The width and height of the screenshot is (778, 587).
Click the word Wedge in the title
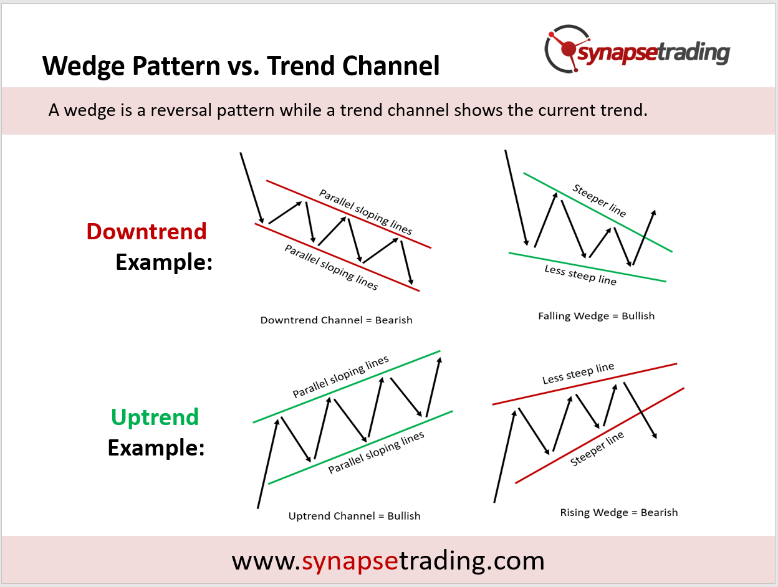[84, 66]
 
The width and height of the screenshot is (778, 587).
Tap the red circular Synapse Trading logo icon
[565, 49]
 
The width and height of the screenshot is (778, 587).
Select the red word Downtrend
[146, 232]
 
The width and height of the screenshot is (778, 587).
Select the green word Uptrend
[155, 418]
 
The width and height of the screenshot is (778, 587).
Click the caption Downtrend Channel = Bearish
[337, 320]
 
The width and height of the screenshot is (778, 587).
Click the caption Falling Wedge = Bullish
[596, 316]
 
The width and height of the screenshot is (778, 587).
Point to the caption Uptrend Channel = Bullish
[355, 516]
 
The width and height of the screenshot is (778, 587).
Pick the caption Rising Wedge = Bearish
[619, 513]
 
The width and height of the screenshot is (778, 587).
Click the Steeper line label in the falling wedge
[599, 201]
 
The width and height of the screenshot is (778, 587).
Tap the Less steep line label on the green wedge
[580, 275]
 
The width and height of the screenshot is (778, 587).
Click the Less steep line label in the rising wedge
[578, 373]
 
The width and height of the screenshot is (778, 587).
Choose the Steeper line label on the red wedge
[597, 449]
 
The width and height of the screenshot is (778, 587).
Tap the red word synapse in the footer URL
[350, 561]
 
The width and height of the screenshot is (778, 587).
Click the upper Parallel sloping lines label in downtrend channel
[366, 212]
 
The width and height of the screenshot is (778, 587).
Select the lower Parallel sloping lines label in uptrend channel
[376, 452]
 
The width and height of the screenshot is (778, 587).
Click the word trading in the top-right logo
[694, 53]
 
